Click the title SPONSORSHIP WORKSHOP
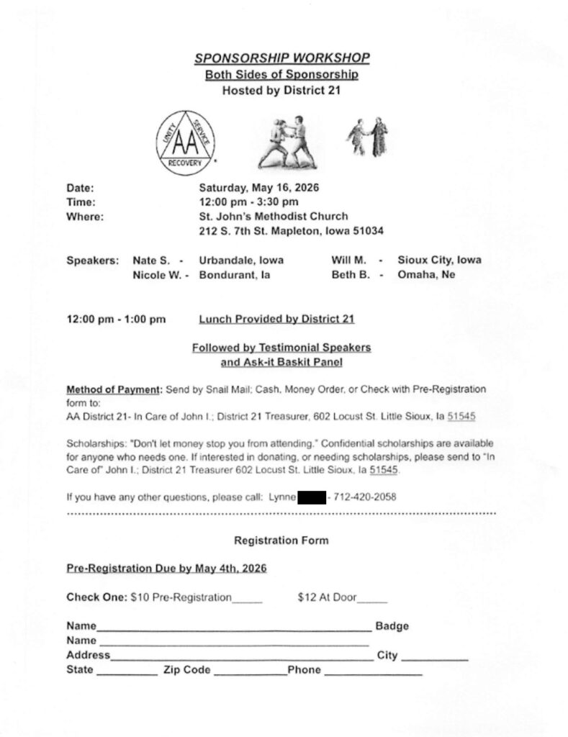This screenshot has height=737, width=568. point(282,58)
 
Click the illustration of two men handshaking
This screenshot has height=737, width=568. point(367,137)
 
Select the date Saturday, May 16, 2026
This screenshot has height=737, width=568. point(259,188)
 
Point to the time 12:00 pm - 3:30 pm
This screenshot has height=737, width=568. point(248,202)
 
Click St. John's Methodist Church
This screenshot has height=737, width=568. point(274,216)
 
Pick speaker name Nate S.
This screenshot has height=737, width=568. point(152,260)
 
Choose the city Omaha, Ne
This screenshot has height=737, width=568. point(426,274)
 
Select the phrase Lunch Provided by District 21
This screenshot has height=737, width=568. point(276,318)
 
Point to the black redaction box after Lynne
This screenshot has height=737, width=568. point(312,497)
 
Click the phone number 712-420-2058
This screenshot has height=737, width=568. point(366,497)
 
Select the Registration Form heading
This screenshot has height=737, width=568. point(281,540)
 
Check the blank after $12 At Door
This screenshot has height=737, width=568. point(373,599)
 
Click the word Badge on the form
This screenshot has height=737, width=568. point(392,626)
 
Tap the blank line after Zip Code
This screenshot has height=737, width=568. point(249,672)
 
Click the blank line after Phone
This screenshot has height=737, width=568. point(373,672)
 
